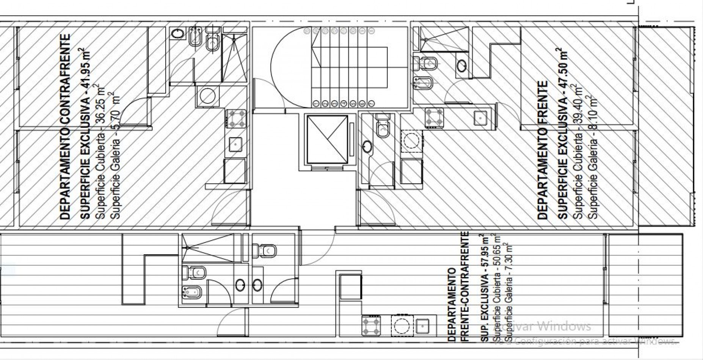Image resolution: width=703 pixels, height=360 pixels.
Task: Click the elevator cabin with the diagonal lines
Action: tap(327, 140)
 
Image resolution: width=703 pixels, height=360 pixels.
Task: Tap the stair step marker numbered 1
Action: tap(316, 103)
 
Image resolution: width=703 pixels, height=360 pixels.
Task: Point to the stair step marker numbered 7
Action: tap(372, 103)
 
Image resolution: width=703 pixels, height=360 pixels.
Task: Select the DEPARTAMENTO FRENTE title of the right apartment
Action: tap(543, 150)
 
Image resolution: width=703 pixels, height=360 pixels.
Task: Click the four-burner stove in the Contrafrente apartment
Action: tap(236, 119)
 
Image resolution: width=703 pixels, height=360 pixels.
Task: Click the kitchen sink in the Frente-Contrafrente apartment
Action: tap(422, 326)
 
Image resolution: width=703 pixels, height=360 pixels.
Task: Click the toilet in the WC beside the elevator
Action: tap(383, 128)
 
